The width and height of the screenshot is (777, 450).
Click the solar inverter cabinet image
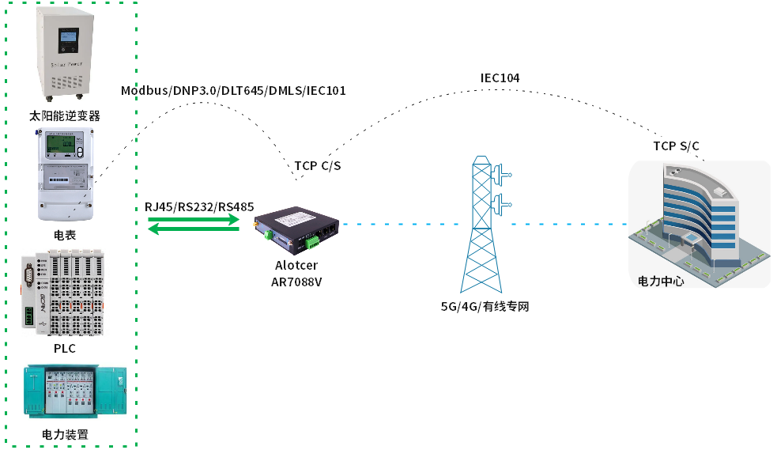(70, 52)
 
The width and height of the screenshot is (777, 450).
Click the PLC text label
(65, 348)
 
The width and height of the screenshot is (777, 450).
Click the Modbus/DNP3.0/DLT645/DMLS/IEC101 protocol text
(233, 91)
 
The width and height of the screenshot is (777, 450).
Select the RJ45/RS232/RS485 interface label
(199, 207)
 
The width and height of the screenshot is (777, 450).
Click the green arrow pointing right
(194, 221)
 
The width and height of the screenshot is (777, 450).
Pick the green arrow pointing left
(194, 230)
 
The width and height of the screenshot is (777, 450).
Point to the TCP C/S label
(318, 166)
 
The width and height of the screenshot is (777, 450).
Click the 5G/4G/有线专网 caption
(485, 306)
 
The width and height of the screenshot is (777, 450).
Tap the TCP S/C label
(676, 146)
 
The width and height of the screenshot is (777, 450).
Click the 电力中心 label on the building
(661, 281)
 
